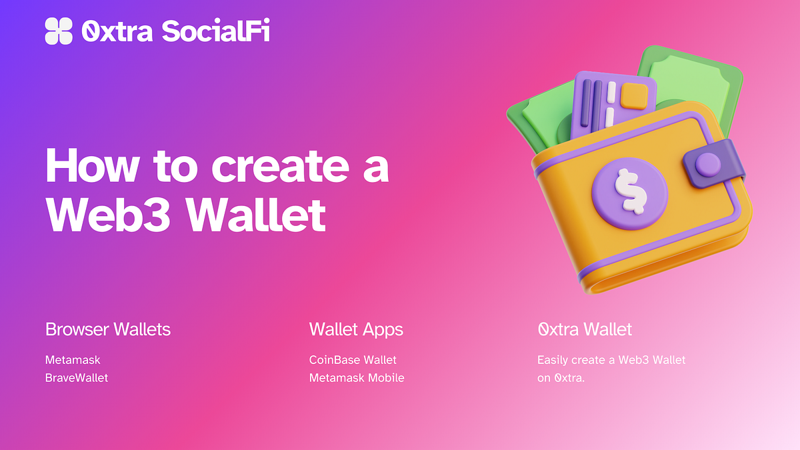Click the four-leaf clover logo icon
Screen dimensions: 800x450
59,31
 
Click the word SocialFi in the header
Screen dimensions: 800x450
216,31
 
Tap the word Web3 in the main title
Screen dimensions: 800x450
108,215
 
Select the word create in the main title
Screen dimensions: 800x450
281,166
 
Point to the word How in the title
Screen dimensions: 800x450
92,165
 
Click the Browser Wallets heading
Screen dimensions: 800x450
108,329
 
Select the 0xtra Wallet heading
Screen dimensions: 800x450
585,329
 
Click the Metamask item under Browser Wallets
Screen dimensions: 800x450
73,360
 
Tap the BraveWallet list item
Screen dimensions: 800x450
77,378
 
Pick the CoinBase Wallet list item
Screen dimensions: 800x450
353,360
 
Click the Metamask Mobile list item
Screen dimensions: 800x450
357,378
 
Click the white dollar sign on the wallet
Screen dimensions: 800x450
631,191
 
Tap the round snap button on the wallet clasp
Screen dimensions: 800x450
708,165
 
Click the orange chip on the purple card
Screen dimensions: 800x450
634,96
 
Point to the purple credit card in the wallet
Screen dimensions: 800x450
613,104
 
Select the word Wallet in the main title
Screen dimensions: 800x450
257,215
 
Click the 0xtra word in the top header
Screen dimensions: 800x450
117,31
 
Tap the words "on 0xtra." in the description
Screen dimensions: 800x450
561,378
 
